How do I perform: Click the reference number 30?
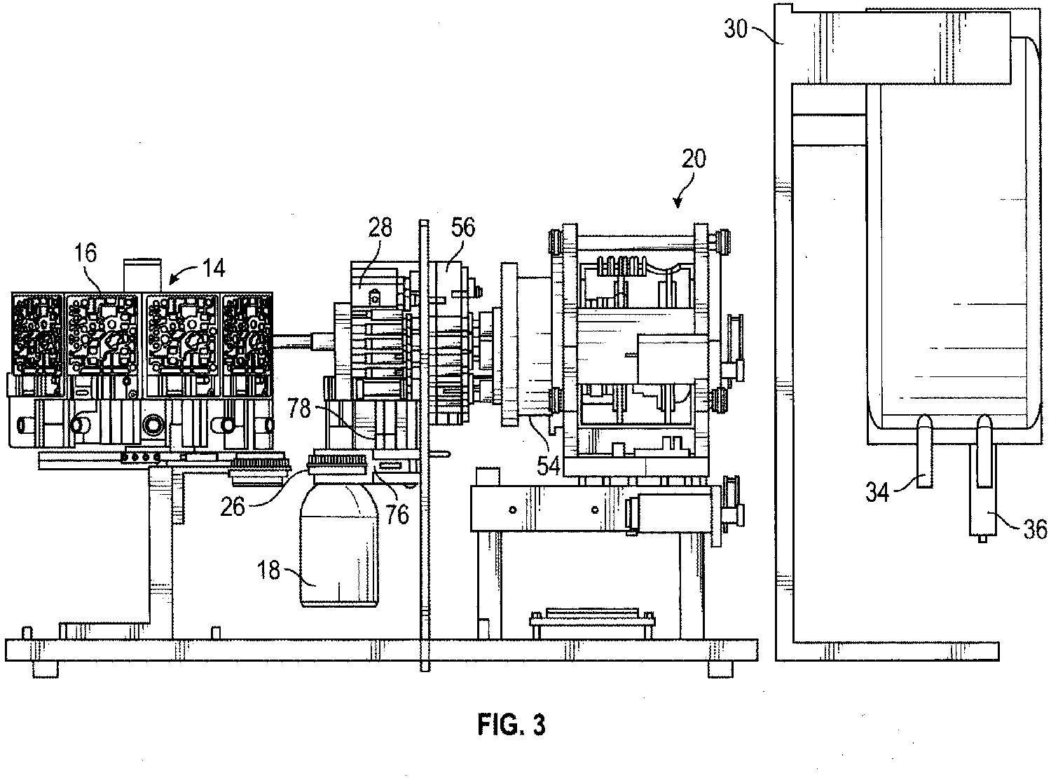coord(736,29)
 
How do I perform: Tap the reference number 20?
coord(694,158)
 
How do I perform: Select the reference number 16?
coord(85,252)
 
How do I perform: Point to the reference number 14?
coord(214,268)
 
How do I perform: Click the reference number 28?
coord(380,228)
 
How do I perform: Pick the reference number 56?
coord(462,227)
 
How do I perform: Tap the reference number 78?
coord(299,408)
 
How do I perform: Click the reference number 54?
coord(548,465)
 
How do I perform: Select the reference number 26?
coord(232,507)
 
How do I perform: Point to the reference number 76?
coord(397,514)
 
